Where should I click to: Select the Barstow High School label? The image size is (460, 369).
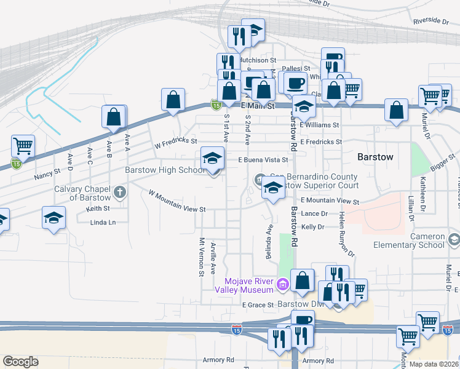pyautogui.click(x=165, y=170)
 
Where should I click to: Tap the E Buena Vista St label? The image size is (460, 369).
pyautogui.click(x=263, y=160)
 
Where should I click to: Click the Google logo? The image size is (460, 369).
pyautogui.click(x=20, y=362)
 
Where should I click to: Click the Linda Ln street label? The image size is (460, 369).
pyautogui.click(x=103, y=222)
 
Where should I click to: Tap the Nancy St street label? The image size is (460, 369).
pyautogui.click(x=47, y=174)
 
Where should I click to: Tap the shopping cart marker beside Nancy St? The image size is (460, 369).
pyautogui.click(x=23, y=146)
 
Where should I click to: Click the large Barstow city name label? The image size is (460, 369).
pyautogui.click(x=375, y=157)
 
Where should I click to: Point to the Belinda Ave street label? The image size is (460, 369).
pyautogui.click(x=269, y=241)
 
